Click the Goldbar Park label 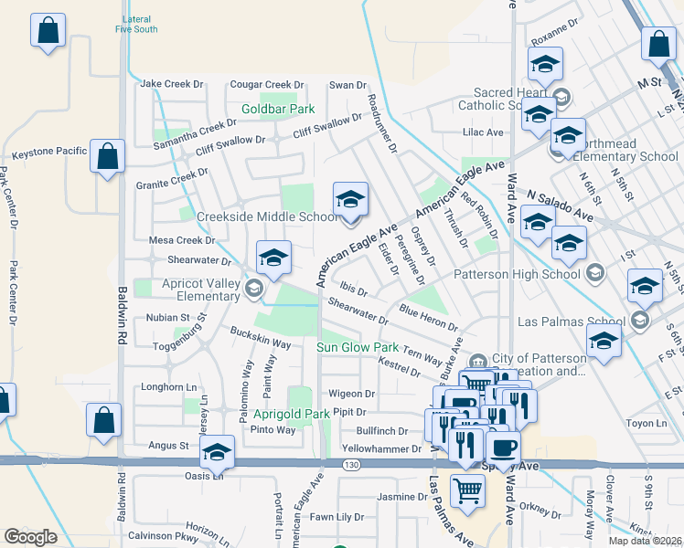coord(278,110)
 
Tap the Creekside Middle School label coord(268,216)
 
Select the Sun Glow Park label coord(358,348)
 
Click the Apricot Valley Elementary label coord(201,290)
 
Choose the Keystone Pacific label coord(43,151)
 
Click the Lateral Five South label coord(136,24)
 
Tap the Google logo coord(30,537)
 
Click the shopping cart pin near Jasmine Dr coord(467,490)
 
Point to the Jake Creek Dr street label coord(172,84)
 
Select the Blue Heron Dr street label coord(428,318)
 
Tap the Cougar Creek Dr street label coord(266,85)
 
